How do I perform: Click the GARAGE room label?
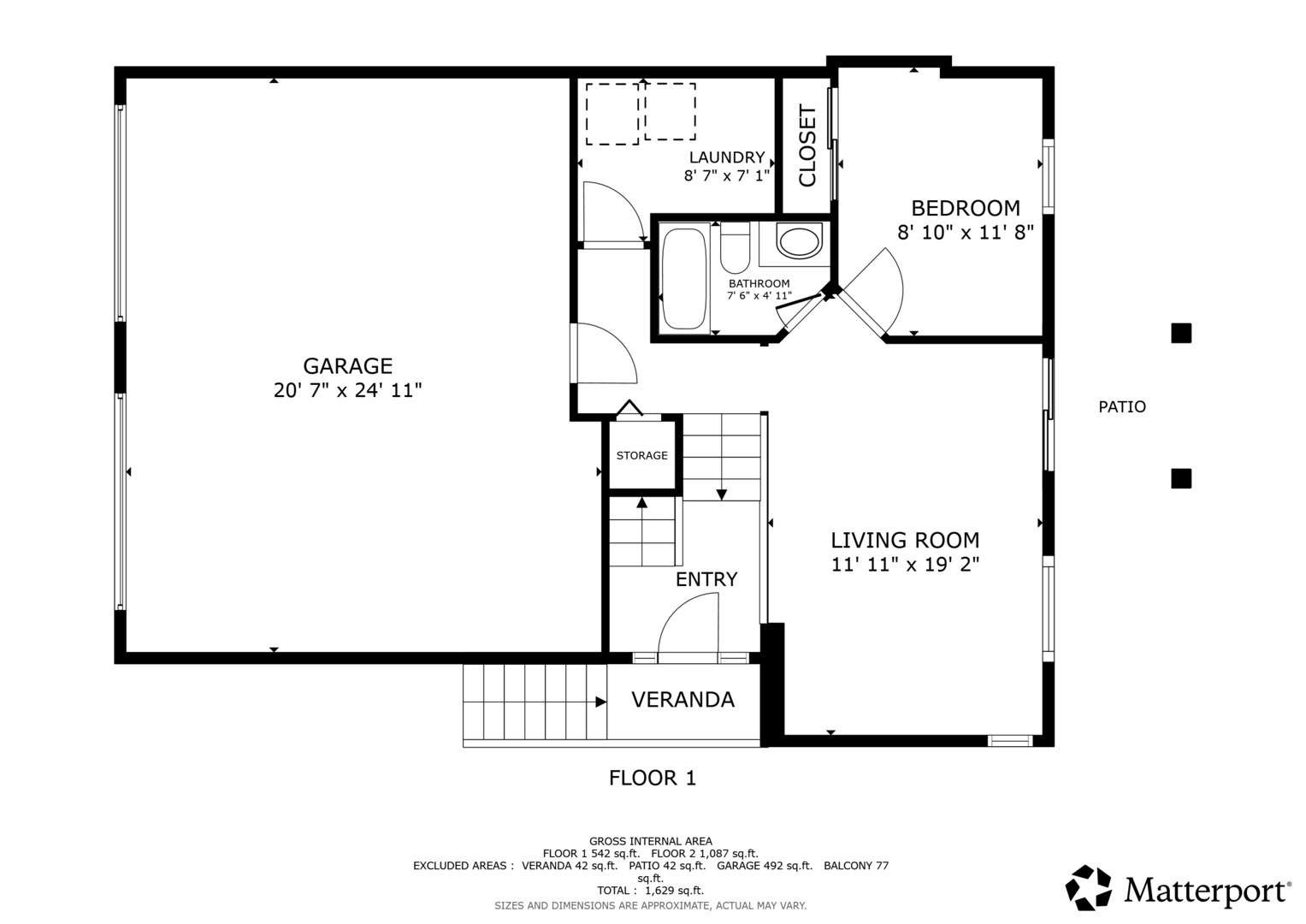[x=347, y=366]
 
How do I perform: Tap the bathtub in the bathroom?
[x=684, y=278]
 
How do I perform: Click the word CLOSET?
[x=807, y=145]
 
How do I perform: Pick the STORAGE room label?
[x=642, y=455]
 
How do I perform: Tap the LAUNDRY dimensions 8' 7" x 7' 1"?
[x=726, y=175]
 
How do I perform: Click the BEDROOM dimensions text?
[x=966, y=233]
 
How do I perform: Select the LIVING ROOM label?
[x=905, y=540]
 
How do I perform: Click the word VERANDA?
[x=683, y=700]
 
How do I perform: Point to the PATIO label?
[x=1122, y=406]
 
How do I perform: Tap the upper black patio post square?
[x=1180, y=333]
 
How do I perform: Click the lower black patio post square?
[x=1180, y=478]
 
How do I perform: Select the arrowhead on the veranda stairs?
[x=600, y=702]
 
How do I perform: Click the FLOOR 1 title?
[x=653, y=778]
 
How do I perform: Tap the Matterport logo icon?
[x=1088, y=888]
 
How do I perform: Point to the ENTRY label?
[x=706, y=579]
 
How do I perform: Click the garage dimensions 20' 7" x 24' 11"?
[x=347, y=390]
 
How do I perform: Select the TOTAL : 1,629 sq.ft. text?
[x=650, y=891]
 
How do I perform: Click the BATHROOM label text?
[x=759, y=283]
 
